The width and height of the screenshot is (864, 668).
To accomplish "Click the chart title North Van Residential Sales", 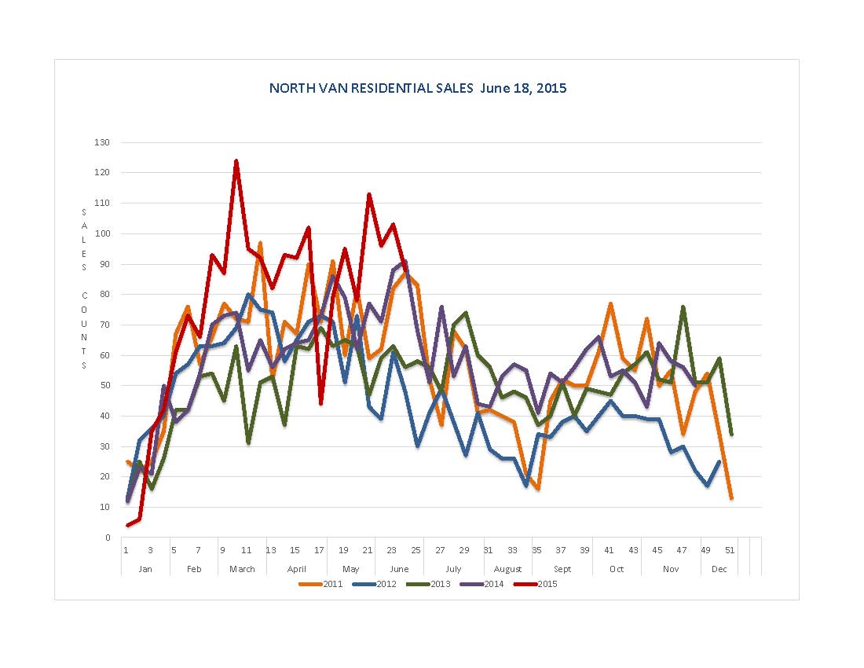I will click(417, 88).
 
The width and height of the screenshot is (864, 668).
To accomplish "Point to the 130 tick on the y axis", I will click(104, 142).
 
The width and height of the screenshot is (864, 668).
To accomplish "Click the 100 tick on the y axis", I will click(104, 233).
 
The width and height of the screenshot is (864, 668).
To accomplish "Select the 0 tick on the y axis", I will click(108, 538).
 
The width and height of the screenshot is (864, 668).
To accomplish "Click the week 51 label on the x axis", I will click(730, 550).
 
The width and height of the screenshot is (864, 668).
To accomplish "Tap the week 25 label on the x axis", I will click(416, 550).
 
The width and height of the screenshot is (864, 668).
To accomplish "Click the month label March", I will click(242, 569).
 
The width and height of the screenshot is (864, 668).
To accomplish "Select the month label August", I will click(508, 569).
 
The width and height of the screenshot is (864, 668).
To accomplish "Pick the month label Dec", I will click(719, 569).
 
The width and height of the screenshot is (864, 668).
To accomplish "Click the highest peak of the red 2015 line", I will click(236, 161).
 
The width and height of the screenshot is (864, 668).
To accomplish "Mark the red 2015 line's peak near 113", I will click(368, 194).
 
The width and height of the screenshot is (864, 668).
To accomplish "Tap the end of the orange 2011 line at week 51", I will click(731, 498).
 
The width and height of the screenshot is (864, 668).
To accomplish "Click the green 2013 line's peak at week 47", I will click(683, 307).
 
